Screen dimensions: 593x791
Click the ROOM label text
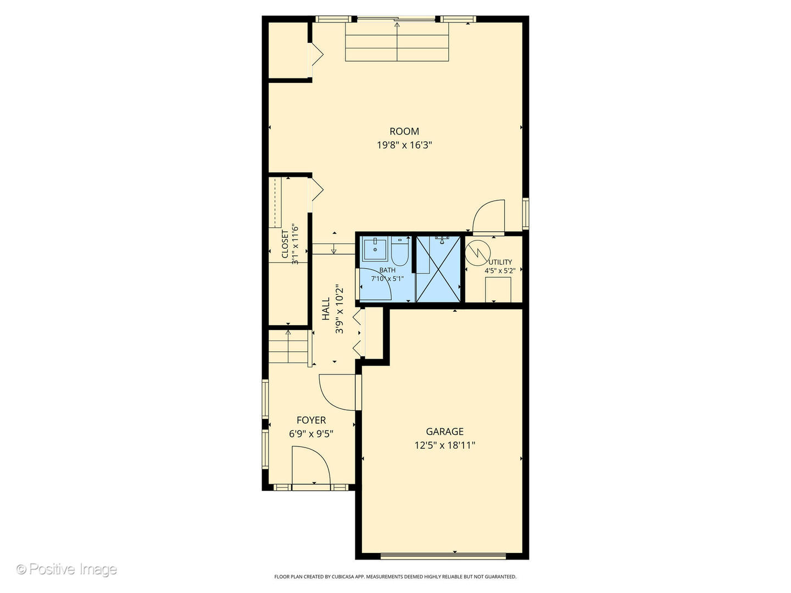tap(404, 131)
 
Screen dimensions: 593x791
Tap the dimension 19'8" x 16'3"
tap(400, 146)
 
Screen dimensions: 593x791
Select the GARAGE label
tap(444, 432)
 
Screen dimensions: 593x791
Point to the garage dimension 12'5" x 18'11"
tap(444, 446)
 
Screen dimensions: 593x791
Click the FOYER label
tap(311, 420)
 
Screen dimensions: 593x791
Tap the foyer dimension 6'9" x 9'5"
tap(311, 434)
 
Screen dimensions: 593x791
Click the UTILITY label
tap(500, 262)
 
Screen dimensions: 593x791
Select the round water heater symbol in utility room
tap(476, 251)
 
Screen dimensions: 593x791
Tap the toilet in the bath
tap(399, 253)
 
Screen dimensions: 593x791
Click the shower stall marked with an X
tap(438, 269)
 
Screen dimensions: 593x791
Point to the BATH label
tap(387, 270)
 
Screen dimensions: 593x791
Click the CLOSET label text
tap(285, 244)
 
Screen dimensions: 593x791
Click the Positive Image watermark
tap(66, 569)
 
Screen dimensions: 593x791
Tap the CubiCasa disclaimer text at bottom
tap(395, 577)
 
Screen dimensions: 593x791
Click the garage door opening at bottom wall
tap(443, 556)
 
